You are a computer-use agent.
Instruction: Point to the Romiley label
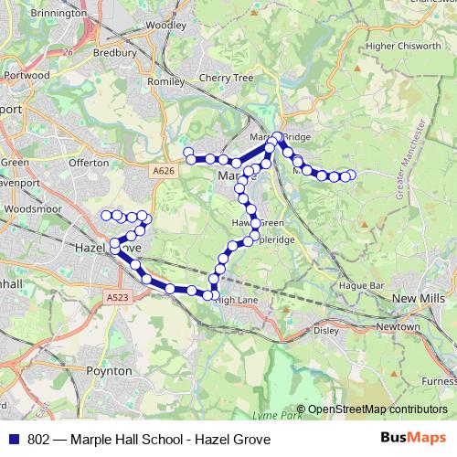point(165,81)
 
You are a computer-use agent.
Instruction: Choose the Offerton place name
point(89,163)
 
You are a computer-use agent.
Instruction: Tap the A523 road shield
point(117,297)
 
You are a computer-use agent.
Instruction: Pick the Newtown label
point(399,326)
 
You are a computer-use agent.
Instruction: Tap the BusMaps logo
point(408,439)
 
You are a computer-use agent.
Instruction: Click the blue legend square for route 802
point(14,440)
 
